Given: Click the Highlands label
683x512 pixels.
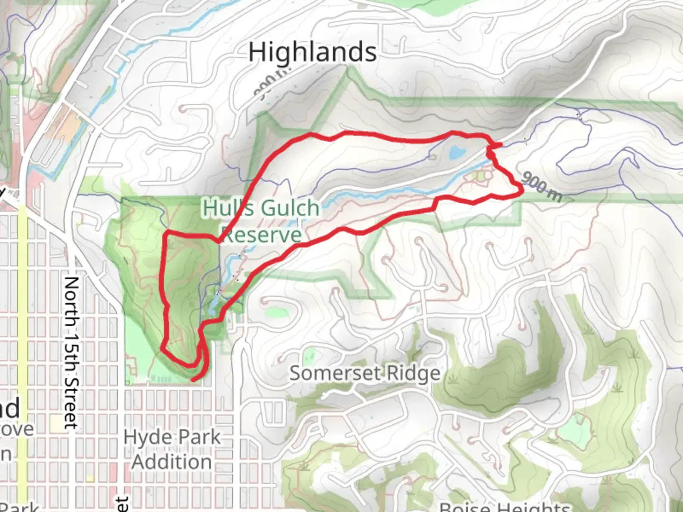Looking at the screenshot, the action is [x=313, y=52].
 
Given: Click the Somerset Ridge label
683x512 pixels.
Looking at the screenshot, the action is [x=365, y=374].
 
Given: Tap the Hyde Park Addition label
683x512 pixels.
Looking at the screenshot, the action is [x=172, y=449].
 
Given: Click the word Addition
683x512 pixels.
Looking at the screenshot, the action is [x=172, y=462].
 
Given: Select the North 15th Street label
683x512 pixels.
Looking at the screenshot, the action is [x=71, y=353].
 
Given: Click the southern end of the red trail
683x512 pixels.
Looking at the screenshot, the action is [x=193, y=380].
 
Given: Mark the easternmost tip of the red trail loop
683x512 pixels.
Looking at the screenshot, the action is [x=522, y=190].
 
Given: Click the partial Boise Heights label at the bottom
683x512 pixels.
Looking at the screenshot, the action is [x=505, y=506].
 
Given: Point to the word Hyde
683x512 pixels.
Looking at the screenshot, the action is [x=144, y=437].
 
